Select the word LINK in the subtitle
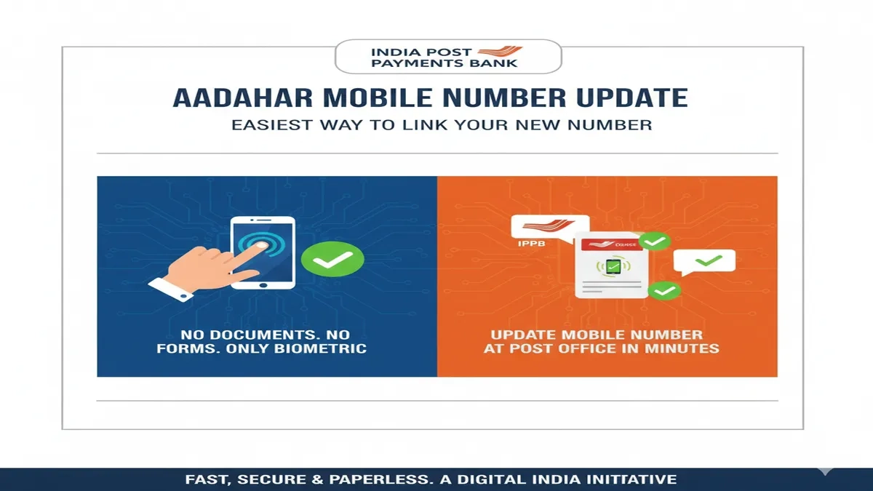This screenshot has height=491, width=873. tap(421, 124)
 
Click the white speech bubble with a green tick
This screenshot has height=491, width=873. tap(703, 261)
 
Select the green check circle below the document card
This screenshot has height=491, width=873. tap(663, 291)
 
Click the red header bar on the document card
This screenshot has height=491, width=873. tap(610, 246)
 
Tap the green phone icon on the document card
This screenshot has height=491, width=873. tap(609, 267)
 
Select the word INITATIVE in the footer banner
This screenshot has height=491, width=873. tap(634, 479)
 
